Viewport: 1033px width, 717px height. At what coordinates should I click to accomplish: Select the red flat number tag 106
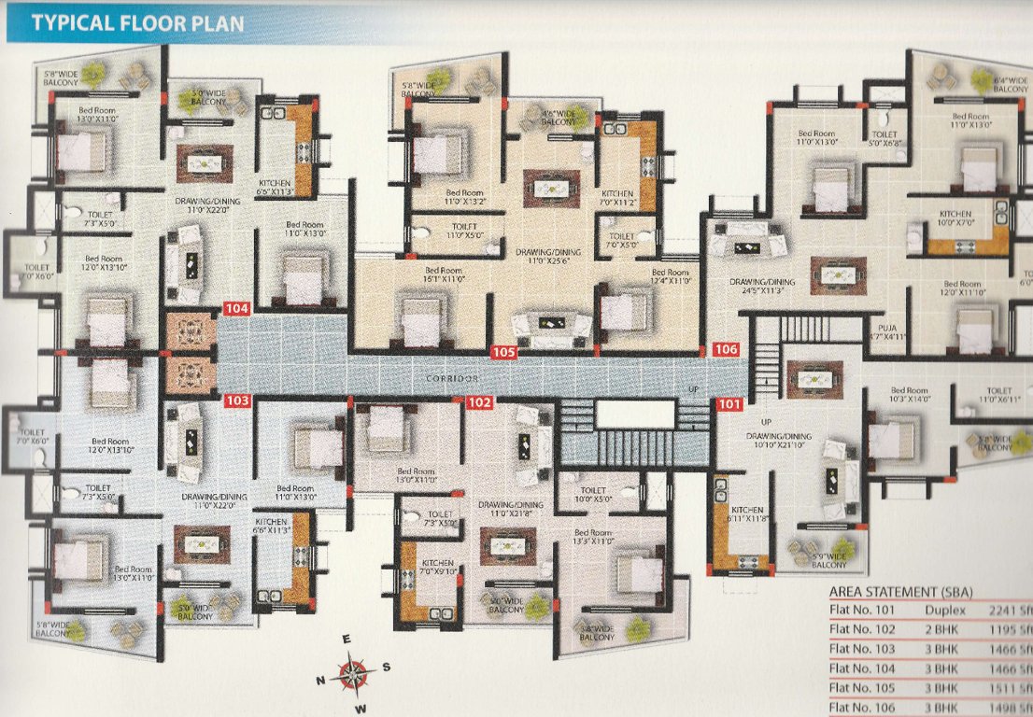(x=726, y=349)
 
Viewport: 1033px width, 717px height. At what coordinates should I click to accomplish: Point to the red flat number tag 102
(x=480, y=402)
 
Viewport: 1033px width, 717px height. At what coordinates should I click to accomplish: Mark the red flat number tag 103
(x=238, y=401)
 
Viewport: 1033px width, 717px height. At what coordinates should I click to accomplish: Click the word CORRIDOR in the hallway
(x=452, y=378)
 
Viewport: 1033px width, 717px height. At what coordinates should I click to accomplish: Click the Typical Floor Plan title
(x=137, y=22)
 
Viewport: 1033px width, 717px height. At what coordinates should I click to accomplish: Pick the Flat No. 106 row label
(x=863, y=708)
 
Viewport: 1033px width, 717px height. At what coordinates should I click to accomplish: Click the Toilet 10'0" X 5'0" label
(x=593, y=495)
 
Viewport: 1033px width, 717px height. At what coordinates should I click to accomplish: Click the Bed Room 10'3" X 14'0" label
(x=909, y=396)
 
